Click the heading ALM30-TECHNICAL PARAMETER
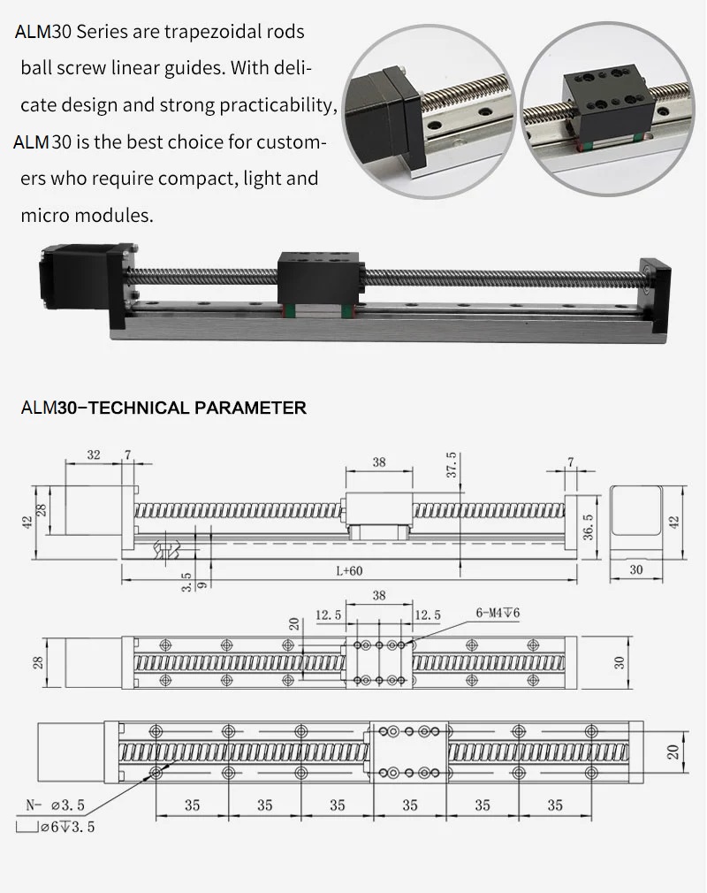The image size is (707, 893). [x=163, y=408]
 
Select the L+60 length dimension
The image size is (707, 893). [x=349, y=570]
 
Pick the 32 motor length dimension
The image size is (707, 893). [x=94, y=455]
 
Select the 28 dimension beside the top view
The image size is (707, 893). [x=37, y=662]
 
